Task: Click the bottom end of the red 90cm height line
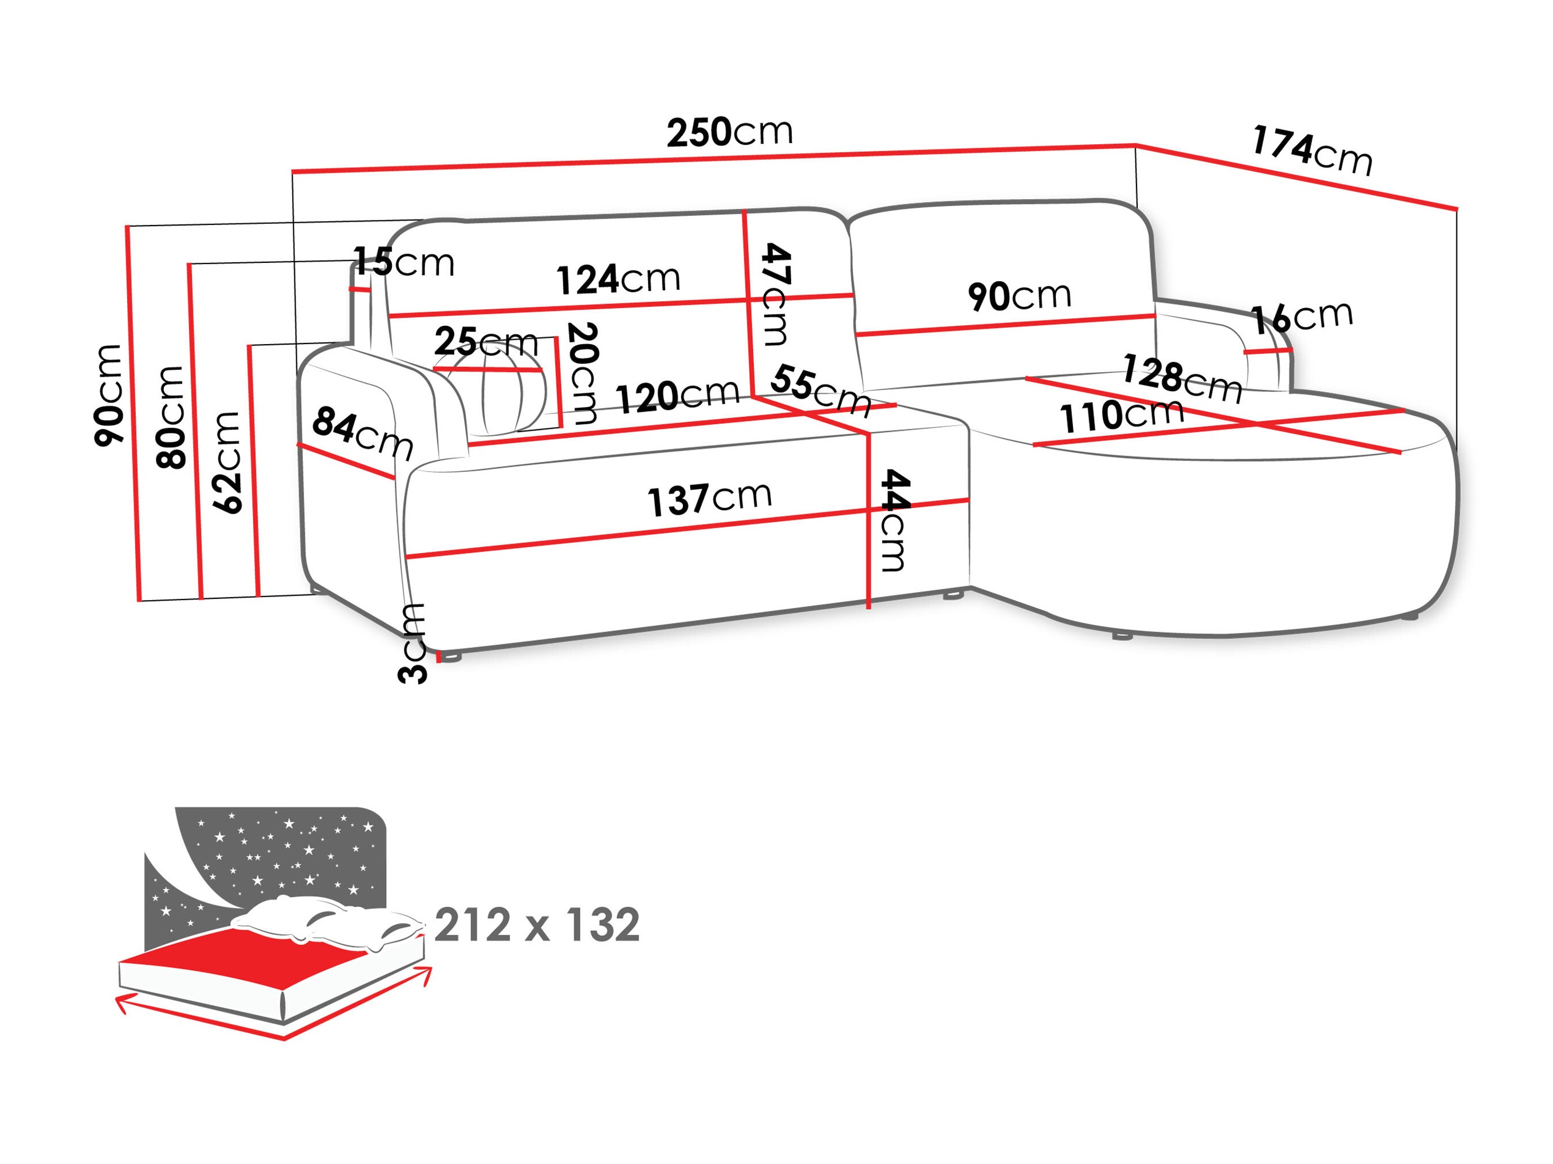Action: click(x=140, y=601)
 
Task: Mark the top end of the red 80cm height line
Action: click(x=190, y=265)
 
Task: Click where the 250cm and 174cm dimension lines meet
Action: click(x=1136, y=145)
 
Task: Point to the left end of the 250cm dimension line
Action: click(x=293, y=171)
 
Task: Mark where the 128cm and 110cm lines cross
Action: click(x=1257, y=424)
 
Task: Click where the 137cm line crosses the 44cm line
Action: click(x=869, y=510)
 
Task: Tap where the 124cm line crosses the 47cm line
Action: click(x=747, y=302)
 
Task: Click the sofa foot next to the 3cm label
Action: click(x=451, y=657)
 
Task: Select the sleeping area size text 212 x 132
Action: click(x=537, y=924)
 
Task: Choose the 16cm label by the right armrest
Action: click(x=1302, y=318)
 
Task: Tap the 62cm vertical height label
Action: click(x=227, y=463)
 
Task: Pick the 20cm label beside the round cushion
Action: click(x=582, y=373)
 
